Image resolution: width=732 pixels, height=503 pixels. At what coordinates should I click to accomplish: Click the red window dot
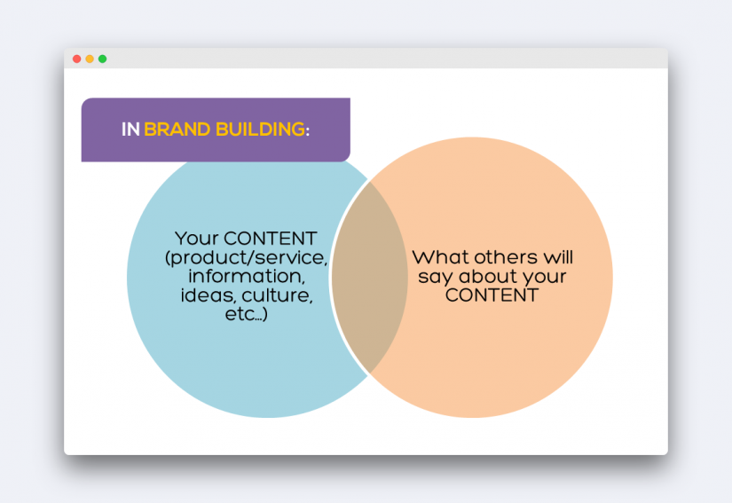(77, 59)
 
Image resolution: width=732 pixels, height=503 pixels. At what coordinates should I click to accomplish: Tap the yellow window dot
(90, 59)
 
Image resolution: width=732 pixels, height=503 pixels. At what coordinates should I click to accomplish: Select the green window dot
(102, 59)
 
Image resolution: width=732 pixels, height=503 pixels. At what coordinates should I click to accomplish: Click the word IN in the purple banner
(130, 130)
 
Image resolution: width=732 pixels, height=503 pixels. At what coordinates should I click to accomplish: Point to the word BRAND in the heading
(177, 130)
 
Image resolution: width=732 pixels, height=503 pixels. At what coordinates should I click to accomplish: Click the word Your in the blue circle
(197, 239)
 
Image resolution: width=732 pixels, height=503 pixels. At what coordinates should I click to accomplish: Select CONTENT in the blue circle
(271, 239)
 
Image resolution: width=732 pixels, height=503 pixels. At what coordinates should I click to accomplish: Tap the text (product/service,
(247, 258)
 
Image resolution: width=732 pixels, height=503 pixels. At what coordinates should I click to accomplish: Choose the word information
(247, 276)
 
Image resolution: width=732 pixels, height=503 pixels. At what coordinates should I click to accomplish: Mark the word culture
(278, 295)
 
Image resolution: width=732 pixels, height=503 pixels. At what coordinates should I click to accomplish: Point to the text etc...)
(247, 314)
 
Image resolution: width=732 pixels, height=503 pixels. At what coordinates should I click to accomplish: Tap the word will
(558, 257)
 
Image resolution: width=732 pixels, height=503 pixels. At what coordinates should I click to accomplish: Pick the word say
(436, 277)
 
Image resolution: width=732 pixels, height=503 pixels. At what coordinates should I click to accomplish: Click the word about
(488, 276)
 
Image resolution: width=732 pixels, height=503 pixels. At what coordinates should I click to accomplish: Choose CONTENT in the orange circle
(492, 295)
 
